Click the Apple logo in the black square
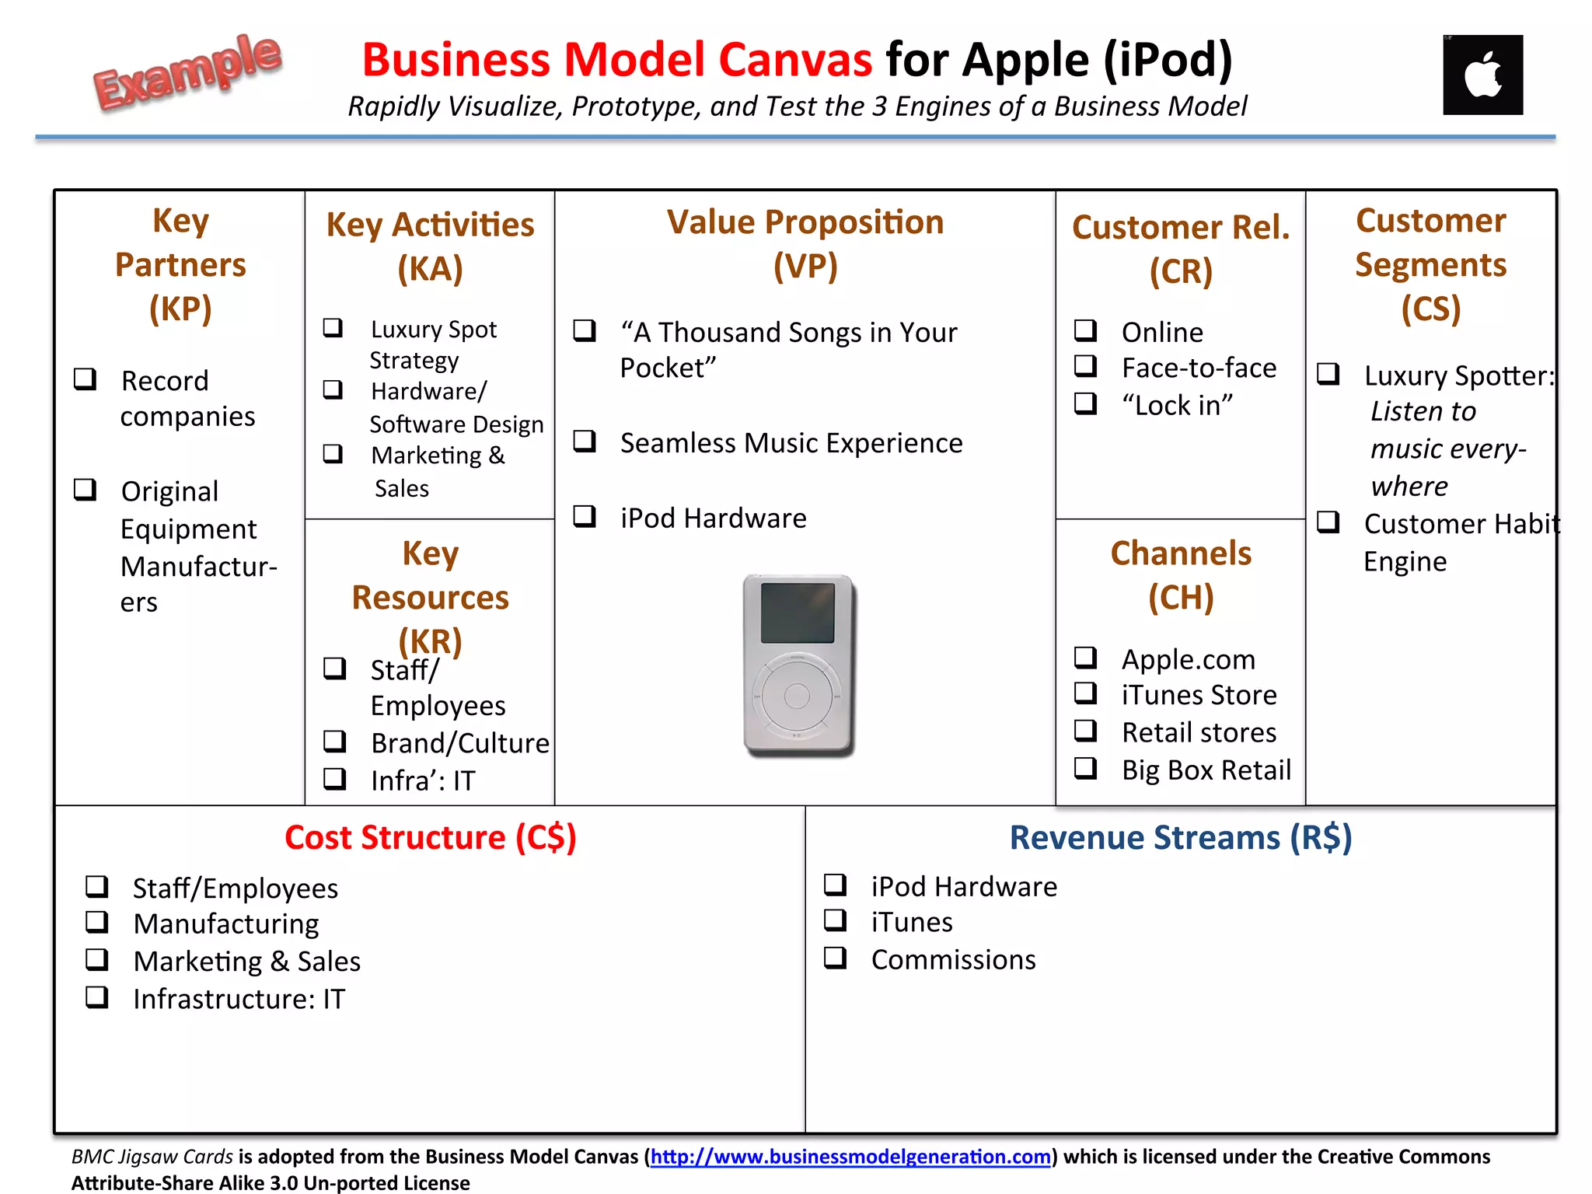pos(1482,75)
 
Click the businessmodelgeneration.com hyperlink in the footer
pos(850,1157)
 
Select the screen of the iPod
pos(798,613)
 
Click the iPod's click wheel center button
pos(797,696)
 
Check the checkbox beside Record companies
pos(85,379)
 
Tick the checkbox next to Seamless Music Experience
pos(585,442)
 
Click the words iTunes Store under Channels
pos(1199,695)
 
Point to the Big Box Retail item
pos(1206,770)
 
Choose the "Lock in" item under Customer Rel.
pos(1177,405)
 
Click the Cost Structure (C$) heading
pos(430,837)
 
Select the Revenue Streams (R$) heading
pos(1180,837)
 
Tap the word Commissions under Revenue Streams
pos(953,959)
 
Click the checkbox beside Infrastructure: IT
pos(97,997)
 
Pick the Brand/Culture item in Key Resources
pos(459,743)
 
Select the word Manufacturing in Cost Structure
pos(226,924)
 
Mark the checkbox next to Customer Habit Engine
pos(1328,522)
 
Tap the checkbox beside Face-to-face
pos(1085,366)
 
